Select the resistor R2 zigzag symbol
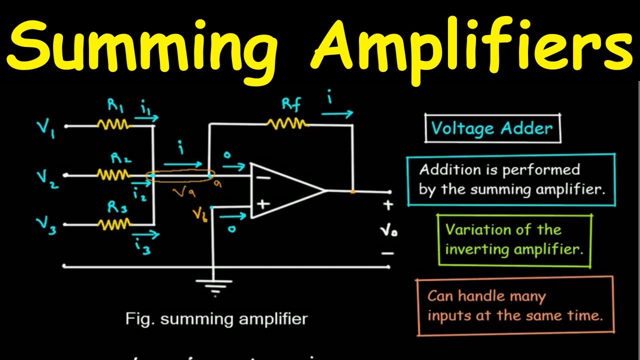coord(113,175)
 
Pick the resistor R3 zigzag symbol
coord(113,224)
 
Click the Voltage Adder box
coord(492,129)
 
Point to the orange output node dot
coord(353,191)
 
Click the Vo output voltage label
coord(387,231)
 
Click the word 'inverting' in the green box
coord(471,249)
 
